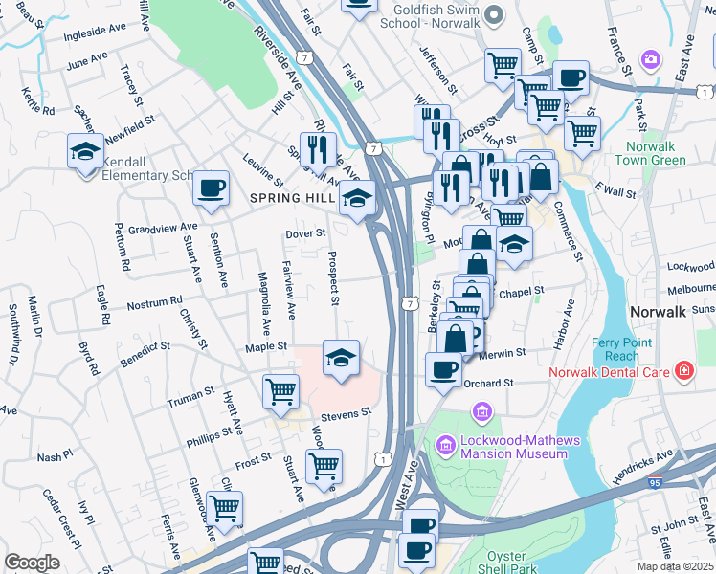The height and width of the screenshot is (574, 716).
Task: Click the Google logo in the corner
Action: pos(32,563)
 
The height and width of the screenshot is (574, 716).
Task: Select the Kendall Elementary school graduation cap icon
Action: pos(85,152)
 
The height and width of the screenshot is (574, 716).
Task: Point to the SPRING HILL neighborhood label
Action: pos(292,198)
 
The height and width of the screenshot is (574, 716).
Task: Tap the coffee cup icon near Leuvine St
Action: pos(211,187)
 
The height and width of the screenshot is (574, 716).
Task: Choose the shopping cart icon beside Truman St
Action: pos(280,390)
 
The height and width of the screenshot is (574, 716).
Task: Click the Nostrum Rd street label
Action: pos(154,303)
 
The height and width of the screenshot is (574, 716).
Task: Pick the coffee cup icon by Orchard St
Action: pos(443,369)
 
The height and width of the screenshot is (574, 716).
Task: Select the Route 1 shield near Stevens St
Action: pos(383,460)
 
